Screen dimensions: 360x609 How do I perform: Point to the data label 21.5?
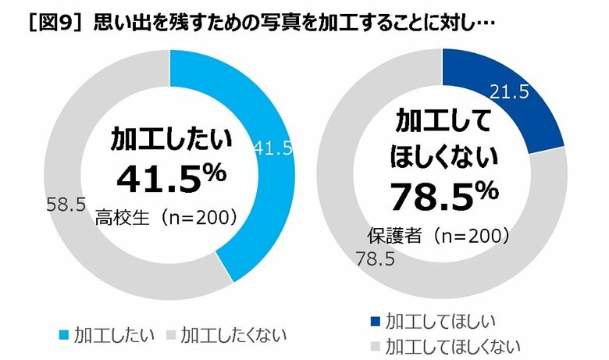510,91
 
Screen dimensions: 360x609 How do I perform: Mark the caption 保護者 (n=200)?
440,233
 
